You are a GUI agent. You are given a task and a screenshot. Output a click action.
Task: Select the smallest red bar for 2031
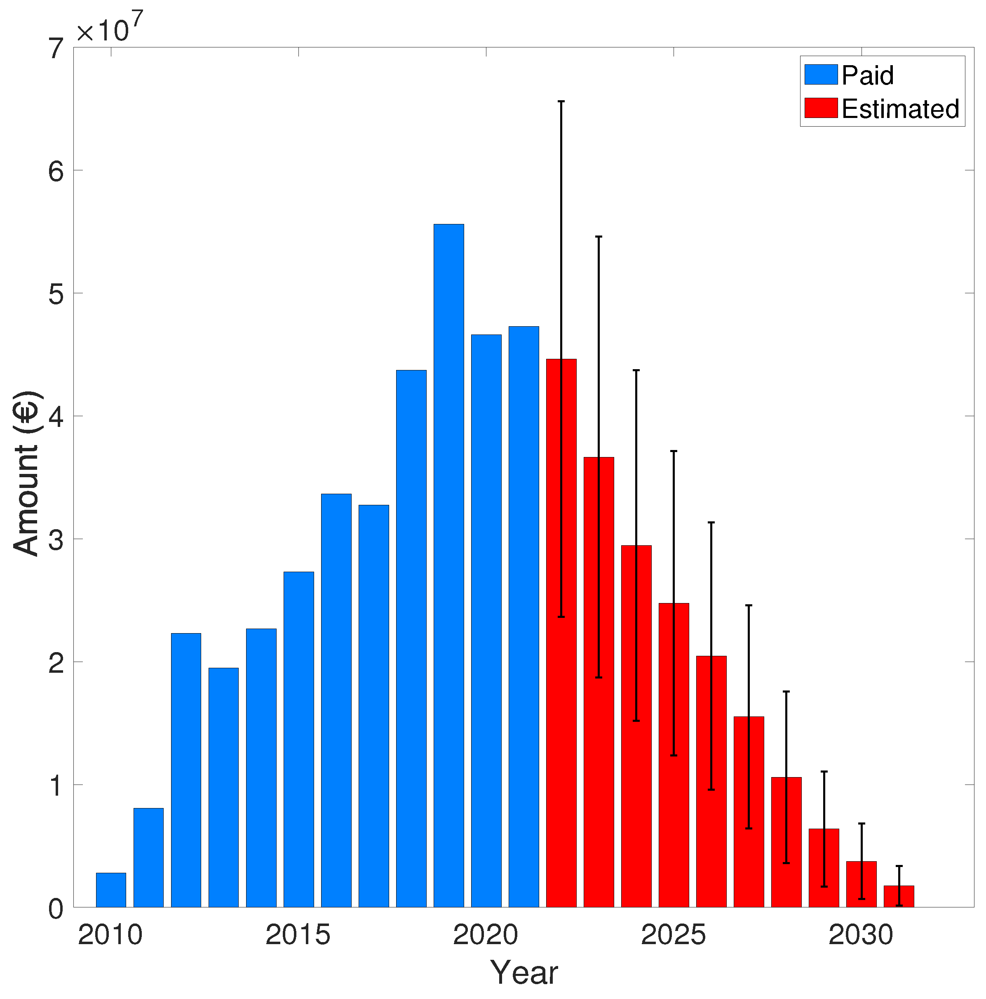pyautogui.click(x=899, y=897)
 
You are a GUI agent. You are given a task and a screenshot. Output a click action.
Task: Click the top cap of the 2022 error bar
pyautogui.click(x=561, y=101)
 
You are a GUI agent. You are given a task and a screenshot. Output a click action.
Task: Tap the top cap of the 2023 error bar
pyautogui.click(x=599, y=236)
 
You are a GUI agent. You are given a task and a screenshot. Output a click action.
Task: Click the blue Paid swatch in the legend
pyautogui.click(x=821, y=75)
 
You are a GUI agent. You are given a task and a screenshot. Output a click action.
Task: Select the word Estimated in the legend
pyautogui.click(x=900, y=108)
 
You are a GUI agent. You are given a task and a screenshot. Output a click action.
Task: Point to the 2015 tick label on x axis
pyautogui.click(x=298, y=935)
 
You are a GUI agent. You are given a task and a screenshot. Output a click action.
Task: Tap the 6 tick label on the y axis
pyautogui.click(x=56, y=171)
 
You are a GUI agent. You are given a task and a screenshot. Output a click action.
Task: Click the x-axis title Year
pyautogui.click(x=524, y=973)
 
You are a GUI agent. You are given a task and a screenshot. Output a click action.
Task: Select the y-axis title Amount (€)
pyautogui.click(x=26, y=474)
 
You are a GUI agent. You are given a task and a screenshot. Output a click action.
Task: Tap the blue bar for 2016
pyautogui.click(x=336, y=698)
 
